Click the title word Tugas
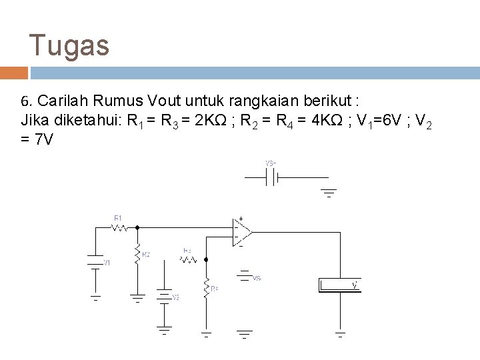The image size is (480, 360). tap(69, 46)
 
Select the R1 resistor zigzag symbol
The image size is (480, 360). tap(119, 227)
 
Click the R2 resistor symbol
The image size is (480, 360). tap(137, 253)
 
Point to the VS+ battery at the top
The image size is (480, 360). tap(271, 178)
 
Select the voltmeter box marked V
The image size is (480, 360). tap(340, 285)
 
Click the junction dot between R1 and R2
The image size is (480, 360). tap(137, 227)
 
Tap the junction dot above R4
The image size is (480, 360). tap(207, 259)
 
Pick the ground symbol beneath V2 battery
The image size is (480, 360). tap(163, 331)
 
